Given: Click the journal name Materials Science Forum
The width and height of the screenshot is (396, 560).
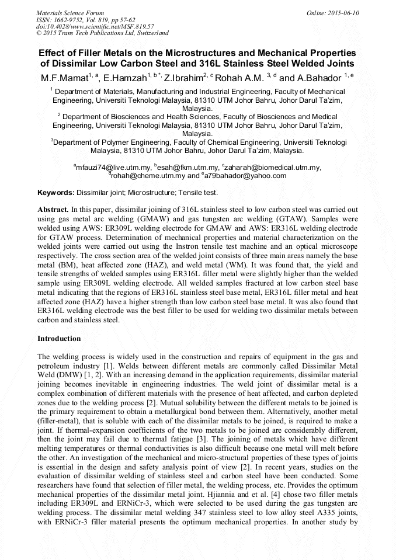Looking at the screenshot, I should pyautogui.click(x=70, y=13).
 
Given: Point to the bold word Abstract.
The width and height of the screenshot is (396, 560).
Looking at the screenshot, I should pyautogui.click(x=53, y=209).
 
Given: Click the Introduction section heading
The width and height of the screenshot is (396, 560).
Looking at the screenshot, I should pyautogui.click(x=59, y=339).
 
